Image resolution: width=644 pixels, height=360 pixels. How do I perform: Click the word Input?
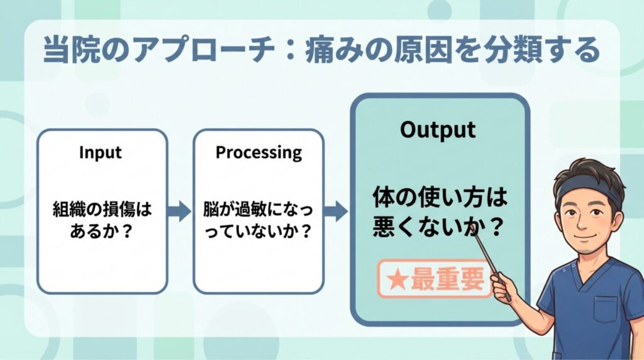click(101, 152)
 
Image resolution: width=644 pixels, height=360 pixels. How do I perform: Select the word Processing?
click(258, 152)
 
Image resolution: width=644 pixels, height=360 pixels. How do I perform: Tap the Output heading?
click(438, 130)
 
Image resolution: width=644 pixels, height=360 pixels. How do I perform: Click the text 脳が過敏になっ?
click(258, 210)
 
